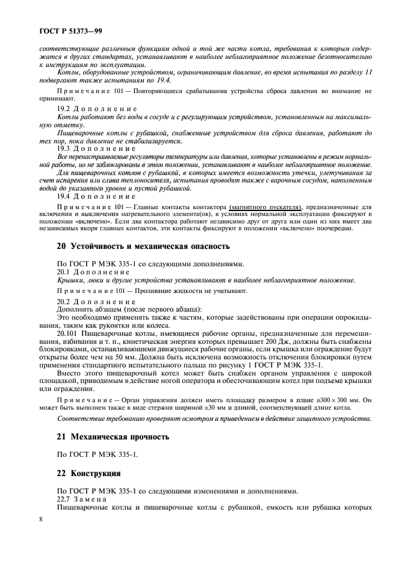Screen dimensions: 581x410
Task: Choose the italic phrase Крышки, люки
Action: click(x=80, y=280)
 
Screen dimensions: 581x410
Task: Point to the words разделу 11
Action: click(x=357, y=72)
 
